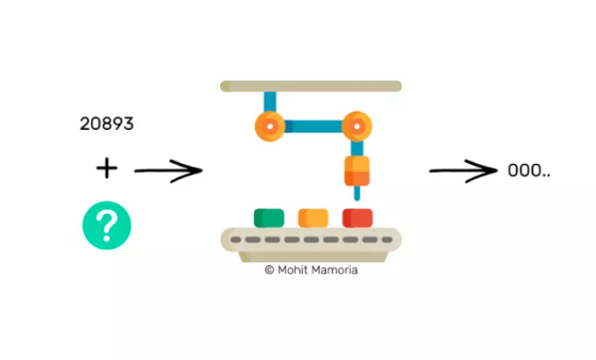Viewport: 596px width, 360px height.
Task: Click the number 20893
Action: (106, 124)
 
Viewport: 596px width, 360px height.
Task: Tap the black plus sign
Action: (106, 167)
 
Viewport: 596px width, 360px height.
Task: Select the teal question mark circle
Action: (106, 225)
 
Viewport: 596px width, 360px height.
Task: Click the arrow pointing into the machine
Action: (168, 170)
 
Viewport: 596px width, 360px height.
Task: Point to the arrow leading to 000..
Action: (463, 169)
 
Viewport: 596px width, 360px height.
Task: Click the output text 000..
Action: (528, 170)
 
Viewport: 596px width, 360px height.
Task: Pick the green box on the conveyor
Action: (268, 218)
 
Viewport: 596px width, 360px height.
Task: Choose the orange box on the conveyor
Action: (312, 218)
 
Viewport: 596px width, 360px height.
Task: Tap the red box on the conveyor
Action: (357, 218)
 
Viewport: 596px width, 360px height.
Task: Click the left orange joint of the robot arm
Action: (268, 126)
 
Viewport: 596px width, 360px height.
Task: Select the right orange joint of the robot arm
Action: (357, 126)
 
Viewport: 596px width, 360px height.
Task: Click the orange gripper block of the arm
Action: (357, 170)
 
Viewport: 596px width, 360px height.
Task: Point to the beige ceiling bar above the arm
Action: (311, 86)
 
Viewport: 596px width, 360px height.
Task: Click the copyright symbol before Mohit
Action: (268, 270)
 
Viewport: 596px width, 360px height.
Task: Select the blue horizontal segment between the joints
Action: (312, 126)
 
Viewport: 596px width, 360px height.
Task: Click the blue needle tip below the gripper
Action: (357, 193)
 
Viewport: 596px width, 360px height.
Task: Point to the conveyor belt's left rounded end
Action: (228, 240)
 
